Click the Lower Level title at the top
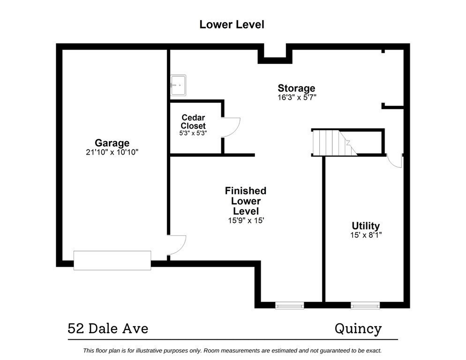[232, 24]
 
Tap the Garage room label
[112, 143]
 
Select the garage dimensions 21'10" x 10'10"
[112, 152]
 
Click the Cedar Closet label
[193, 122]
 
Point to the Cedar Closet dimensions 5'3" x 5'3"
[193, 133]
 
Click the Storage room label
[296, 88]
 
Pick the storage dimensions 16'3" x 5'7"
[296, 97]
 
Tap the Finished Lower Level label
[245, 201]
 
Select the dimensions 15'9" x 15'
[245, 220]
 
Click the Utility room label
[366, 226]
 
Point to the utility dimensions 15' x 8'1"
[366, 235]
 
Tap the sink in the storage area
[178, 85]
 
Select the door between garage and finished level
[177, 244]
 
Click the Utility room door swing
[394, 161]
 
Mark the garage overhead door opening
[113, 260]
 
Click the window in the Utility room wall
[365, 306]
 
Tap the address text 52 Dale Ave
[108, 329]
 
